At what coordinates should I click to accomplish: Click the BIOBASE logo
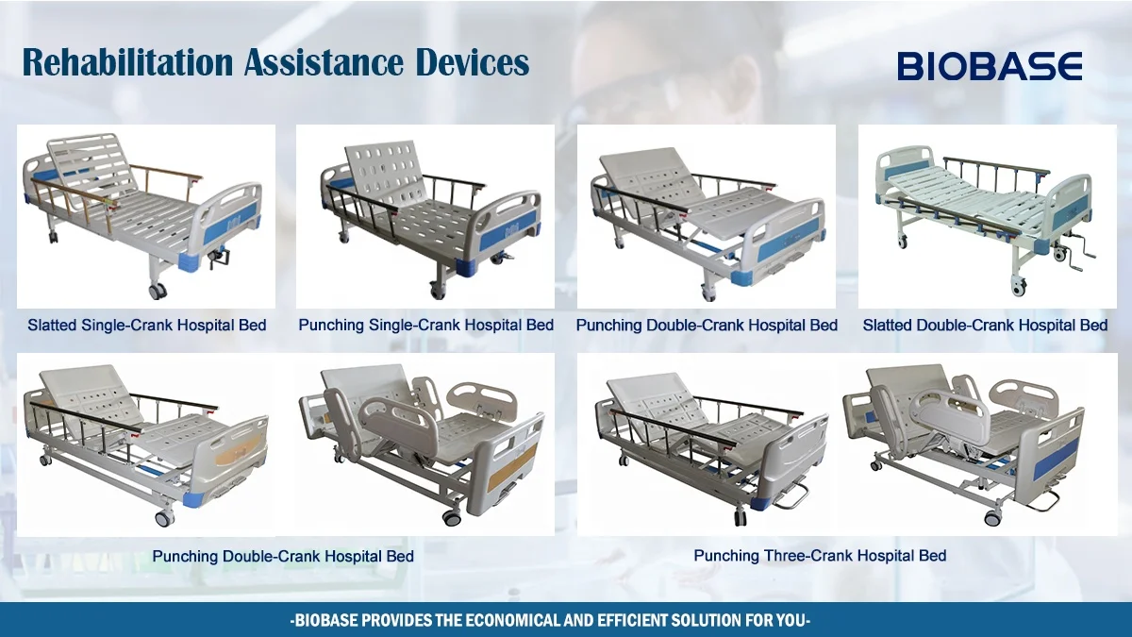[x=990, y=65]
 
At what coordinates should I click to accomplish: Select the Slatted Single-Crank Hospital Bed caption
[x=146, y=325]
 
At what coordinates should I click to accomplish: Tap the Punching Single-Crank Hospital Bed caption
[x=425, y=325]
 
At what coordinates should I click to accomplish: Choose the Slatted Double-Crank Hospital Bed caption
[x=985, y=325]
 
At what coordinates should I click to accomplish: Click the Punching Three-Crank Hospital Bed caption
[x=820, y=555]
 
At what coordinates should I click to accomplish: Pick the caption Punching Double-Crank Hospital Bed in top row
[x=707, y=325]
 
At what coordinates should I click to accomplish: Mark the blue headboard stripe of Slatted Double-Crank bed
[x=907, y=170]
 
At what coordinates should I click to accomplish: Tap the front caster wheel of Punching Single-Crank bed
[x=440, y=291]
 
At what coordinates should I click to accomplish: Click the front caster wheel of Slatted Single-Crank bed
[x=157, y=291]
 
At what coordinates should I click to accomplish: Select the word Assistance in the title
[x=321, y=63]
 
